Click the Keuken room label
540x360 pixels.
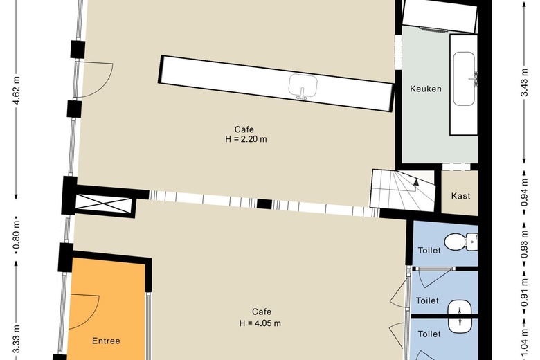[x=425, y=89]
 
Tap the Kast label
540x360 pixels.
[x=460, y=196]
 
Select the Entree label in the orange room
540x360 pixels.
[x=106, y=341]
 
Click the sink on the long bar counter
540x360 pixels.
[x=303, y=88]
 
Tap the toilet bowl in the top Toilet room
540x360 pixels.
[x=456, y=242]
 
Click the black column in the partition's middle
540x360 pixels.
[x=263, y=204]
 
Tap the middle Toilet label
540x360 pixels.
[x=428, y=300]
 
